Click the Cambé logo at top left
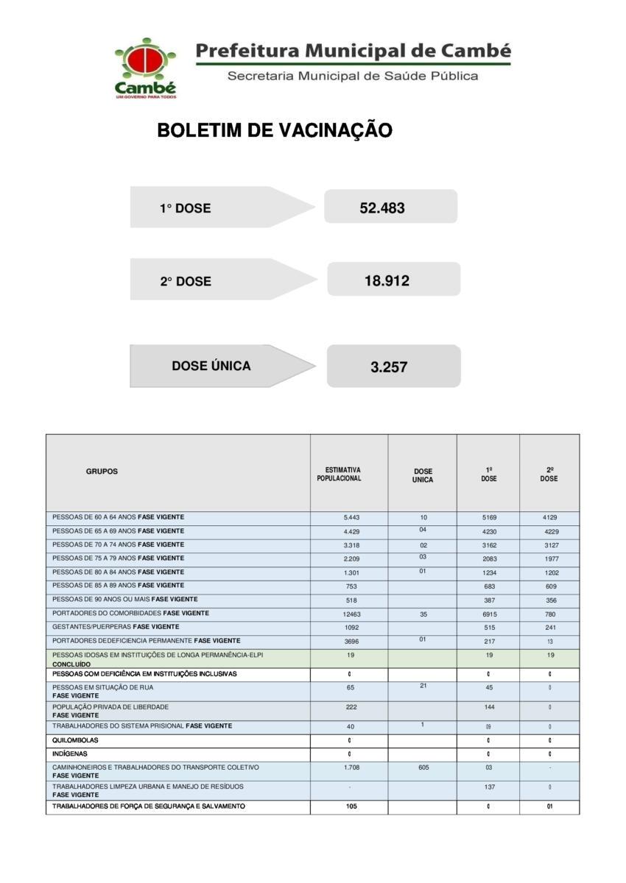[x=145, y=68]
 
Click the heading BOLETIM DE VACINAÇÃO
[x=275, y=131]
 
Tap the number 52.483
[x=382, y=208]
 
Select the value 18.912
[x=387, y=280]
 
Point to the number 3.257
[x=389, y=366]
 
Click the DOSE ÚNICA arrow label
[x=211, y=366]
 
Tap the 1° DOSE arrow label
[x=186, y=208]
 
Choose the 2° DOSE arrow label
[x=186, y=281]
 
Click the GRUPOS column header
[x=102, y=472]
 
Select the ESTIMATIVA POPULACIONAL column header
[x=339, y=474]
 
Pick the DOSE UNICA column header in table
[x=423, y=475]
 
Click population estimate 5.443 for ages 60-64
[x=351, y=517]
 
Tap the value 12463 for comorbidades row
[x=351, y=614]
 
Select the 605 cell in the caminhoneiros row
[x=423, y=767]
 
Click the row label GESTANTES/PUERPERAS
[x=92, y=627]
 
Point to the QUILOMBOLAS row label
[x=75, y=740]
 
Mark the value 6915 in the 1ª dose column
[x=489, y=614]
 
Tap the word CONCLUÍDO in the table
[x=71, y=664]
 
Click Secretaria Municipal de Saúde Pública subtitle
[x=353, y=77]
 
